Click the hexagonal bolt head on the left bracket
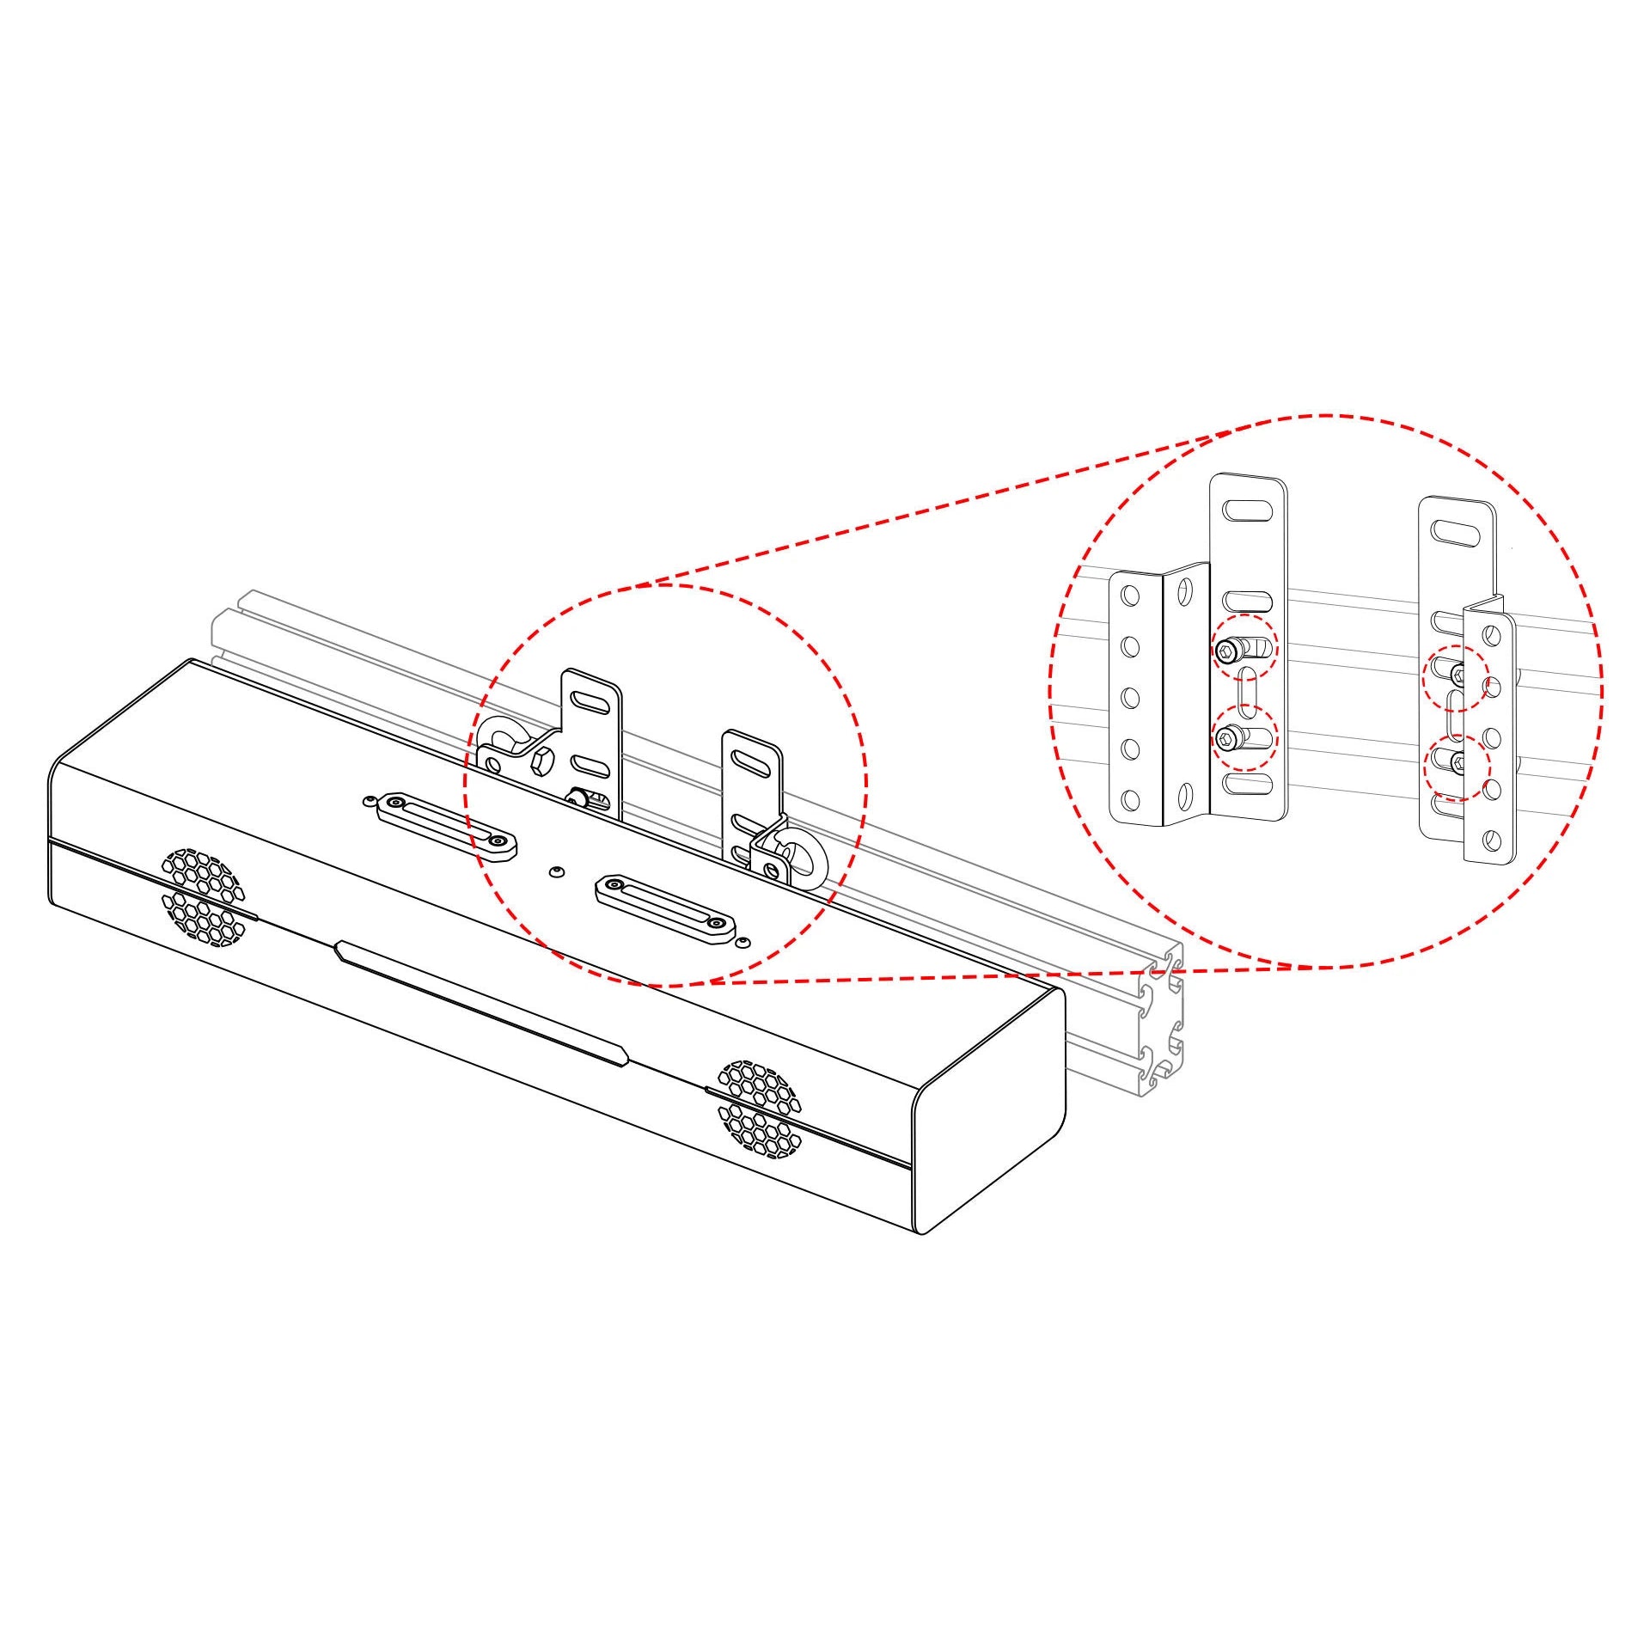(x=542, y=760)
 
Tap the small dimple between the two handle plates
(x=556, y=871)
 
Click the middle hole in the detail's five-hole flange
(x=1131, y=695)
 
